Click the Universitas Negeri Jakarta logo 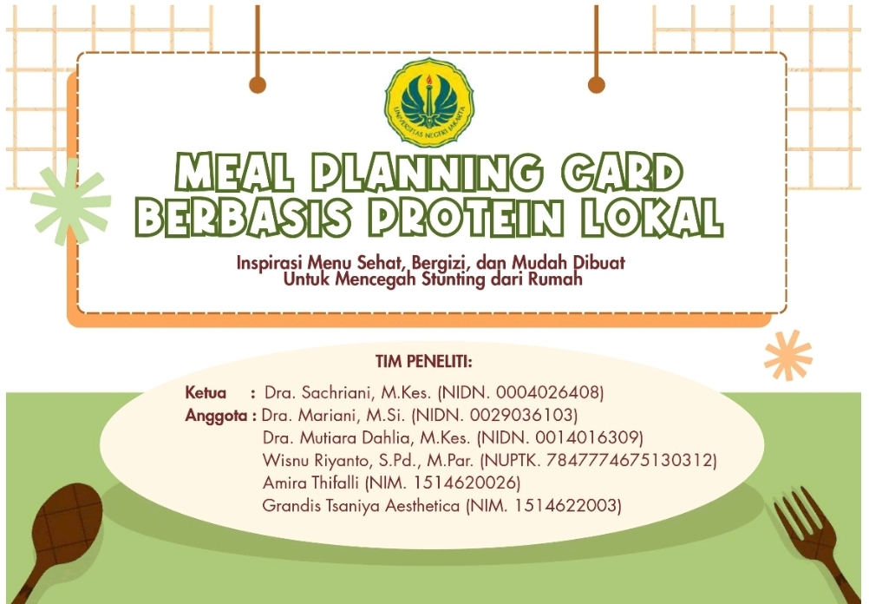tap(429, 102)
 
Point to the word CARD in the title tap(623, 173)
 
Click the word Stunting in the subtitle tap(454, 279)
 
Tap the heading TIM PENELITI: tap(424, 362)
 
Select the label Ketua tap(206, 392)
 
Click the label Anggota tap(216, 416)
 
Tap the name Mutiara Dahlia tap(356, 437)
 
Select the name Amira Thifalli tap(310, 483)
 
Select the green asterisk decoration tap(71, 202)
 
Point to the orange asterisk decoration tap(788, 356)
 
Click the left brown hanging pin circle tap(258, 85)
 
